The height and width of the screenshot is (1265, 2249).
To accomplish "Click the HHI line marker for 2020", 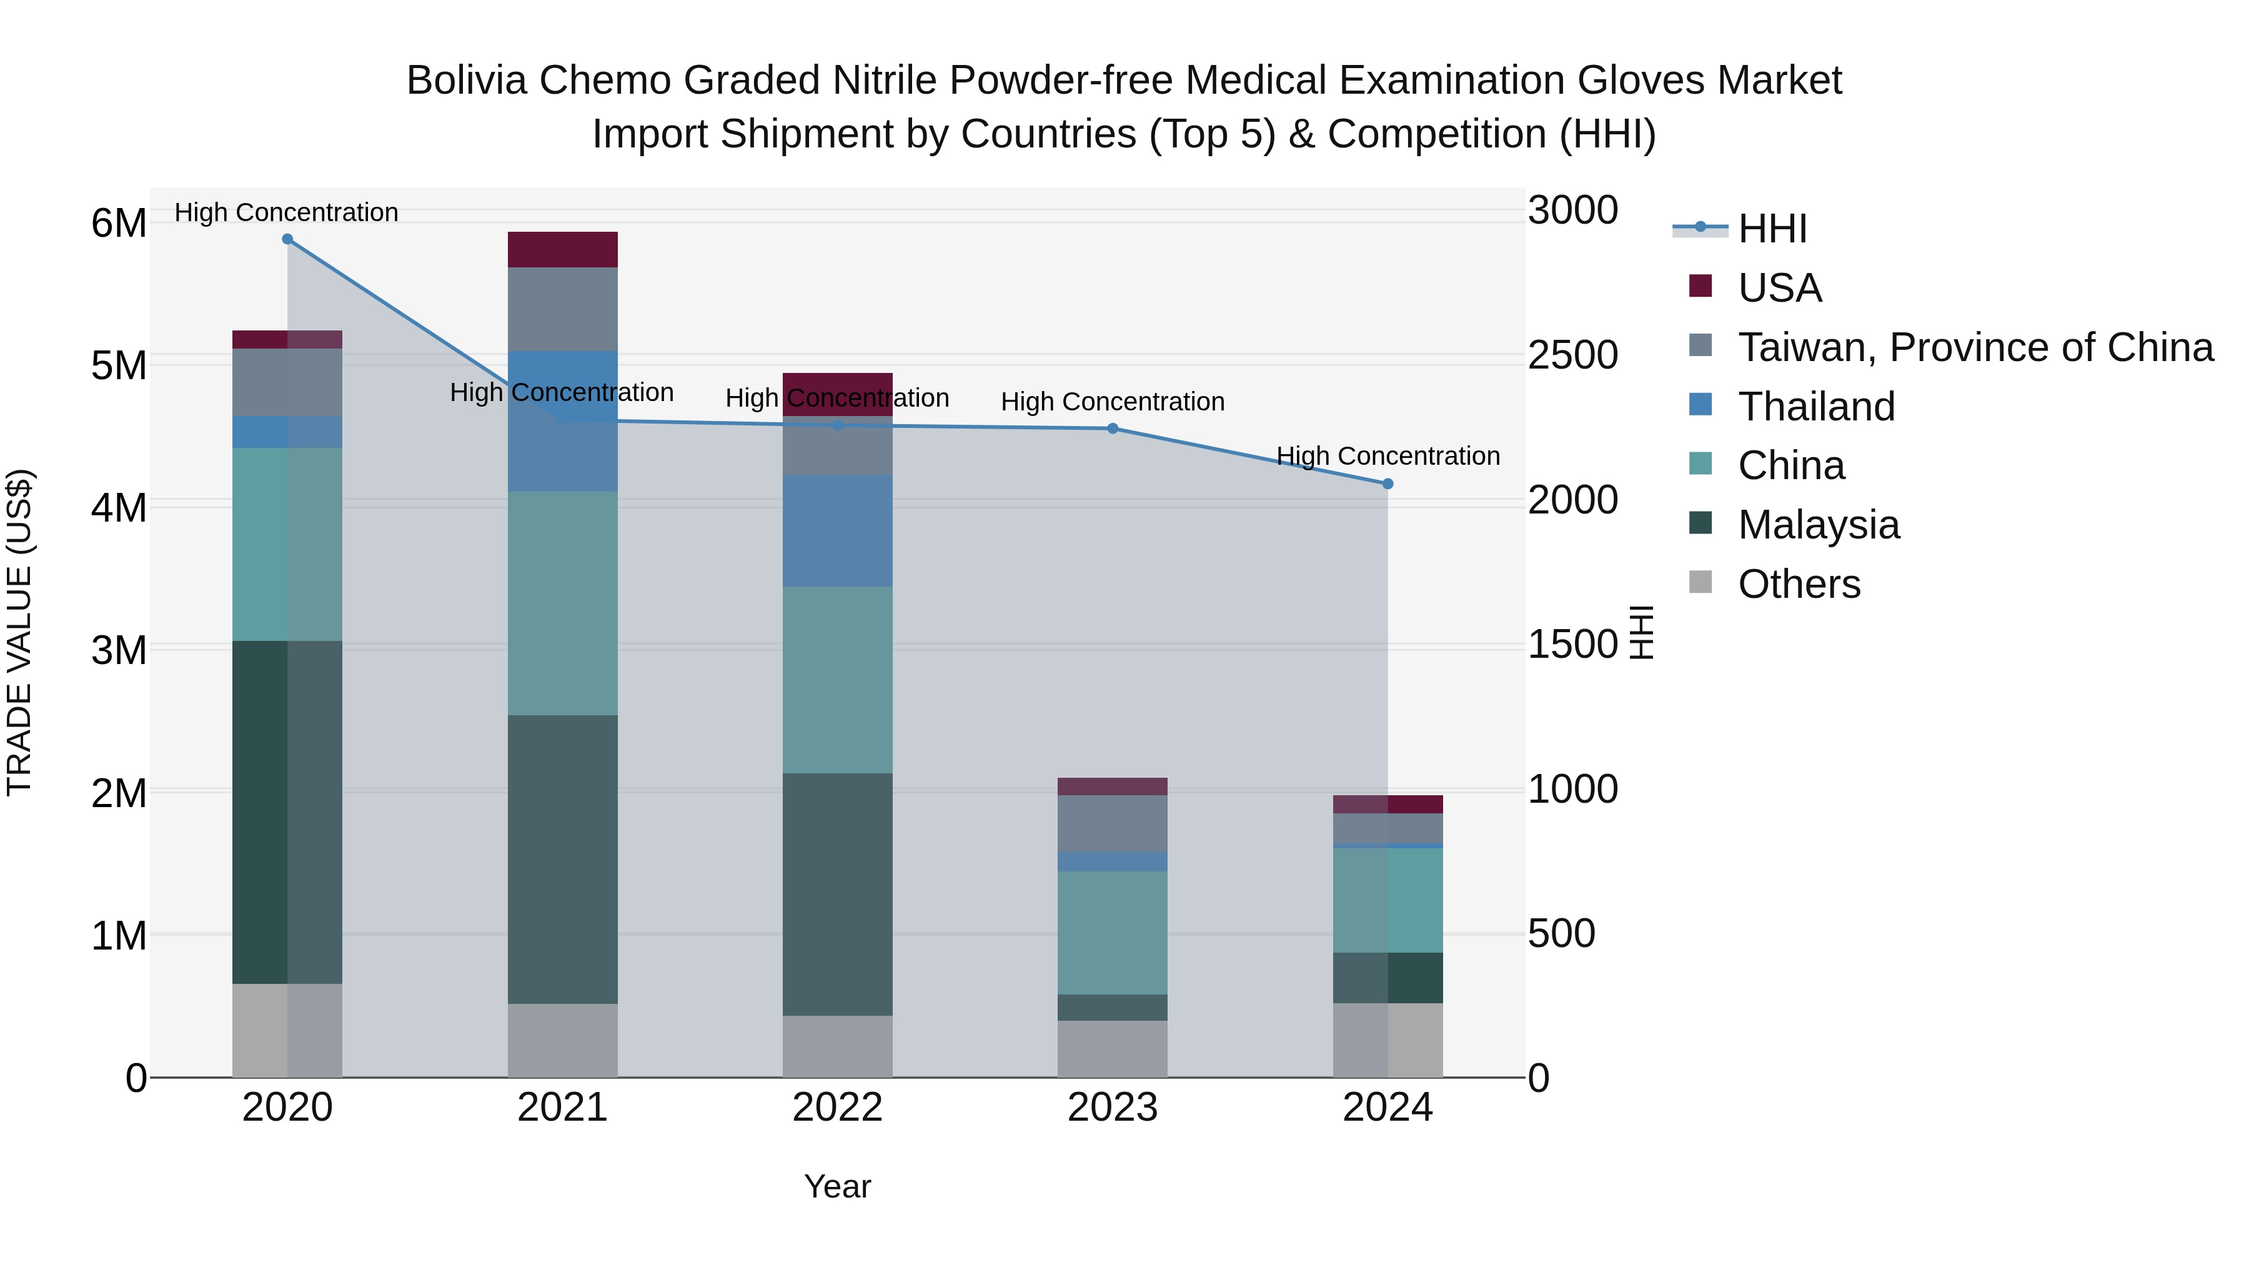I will pyautogui.click(x=287, y=239).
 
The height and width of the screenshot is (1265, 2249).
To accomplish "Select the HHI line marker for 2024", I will pyautogui.click(x=1388, y=484).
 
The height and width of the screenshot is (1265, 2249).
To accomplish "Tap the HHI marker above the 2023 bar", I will pyautogui.click(x=1112, y=429).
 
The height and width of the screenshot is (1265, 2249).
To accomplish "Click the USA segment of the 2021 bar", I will pyautogui.click(x=562, y=250).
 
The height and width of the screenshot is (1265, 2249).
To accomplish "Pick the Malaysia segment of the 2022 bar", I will pyautogui.click(x=837, y=894).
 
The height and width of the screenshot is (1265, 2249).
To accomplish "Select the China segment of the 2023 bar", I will pyautogui.click(x=1112, y=933).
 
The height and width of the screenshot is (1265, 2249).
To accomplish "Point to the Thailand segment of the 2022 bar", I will pyautogui.click(x=837, y=531).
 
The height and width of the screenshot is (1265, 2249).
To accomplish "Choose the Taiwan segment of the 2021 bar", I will pyautogui.click(x=562, y=309).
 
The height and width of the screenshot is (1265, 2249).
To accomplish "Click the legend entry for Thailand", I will pyautogui.click(x=1816, y=407).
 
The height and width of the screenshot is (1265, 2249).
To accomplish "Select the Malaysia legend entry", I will pyautogui.click(x=1818, y=525).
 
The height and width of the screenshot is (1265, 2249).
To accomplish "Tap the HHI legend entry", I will pyautogui.click(x=1772, y=229).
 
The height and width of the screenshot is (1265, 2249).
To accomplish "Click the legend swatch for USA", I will pyautogui.click(x=1700, y=286).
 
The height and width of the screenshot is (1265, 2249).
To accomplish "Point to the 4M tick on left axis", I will pyautogui.click(x=119, y=507).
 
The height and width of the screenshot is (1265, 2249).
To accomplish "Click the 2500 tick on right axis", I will pyautogui.click(x=1572, y=355).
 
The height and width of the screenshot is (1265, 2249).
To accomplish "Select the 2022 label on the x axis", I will pyautogui.click(x=837, y=1108).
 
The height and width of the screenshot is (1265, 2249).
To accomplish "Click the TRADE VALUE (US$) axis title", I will pyautogui.click(x=20, y=632).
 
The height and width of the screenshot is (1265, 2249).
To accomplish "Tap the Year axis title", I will pyautogui.click(x=837, y=1186).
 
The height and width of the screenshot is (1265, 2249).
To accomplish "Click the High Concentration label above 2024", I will pyautogui.click(x=1388, y=456).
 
